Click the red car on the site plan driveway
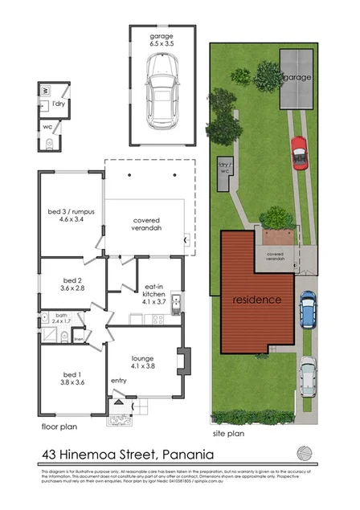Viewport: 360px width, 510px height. pyautogui.click(x=298, y=150)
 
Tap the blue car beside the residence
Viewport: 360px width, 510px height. pyautogui.click(x=308, y=308)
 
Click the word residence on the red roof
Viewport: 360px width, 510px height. pyautogui.click(x=256, y=300)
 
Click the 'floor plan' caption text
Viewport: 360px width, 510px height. pyautogui.click(x=59, y=426)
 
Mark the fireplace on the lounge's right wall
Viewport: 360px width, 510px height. pyautogui.click(x=182, y=361)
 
